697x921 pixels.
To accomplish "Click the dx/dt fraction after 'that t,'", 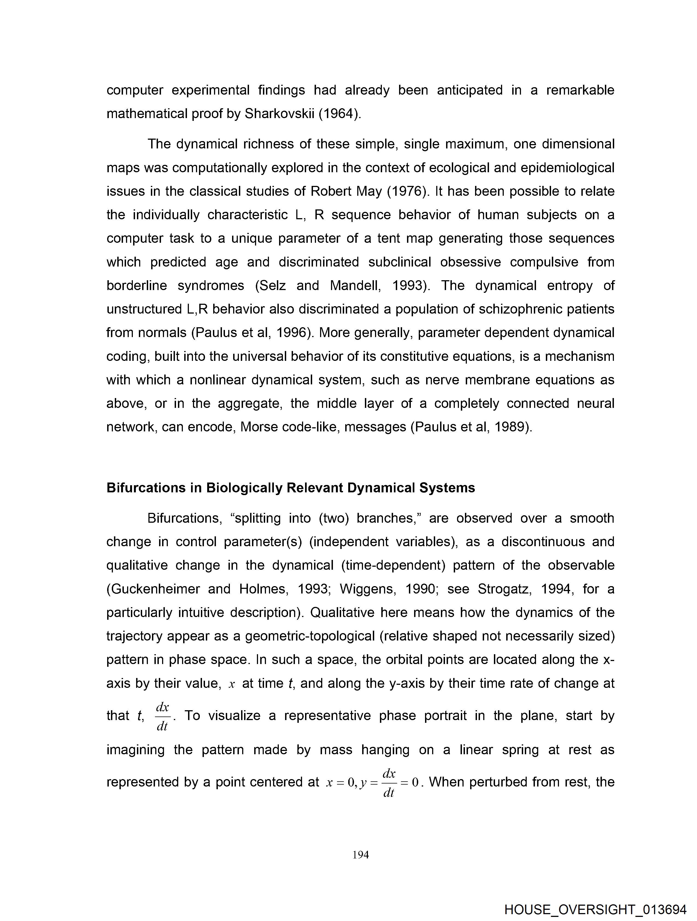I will [162, 716].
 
